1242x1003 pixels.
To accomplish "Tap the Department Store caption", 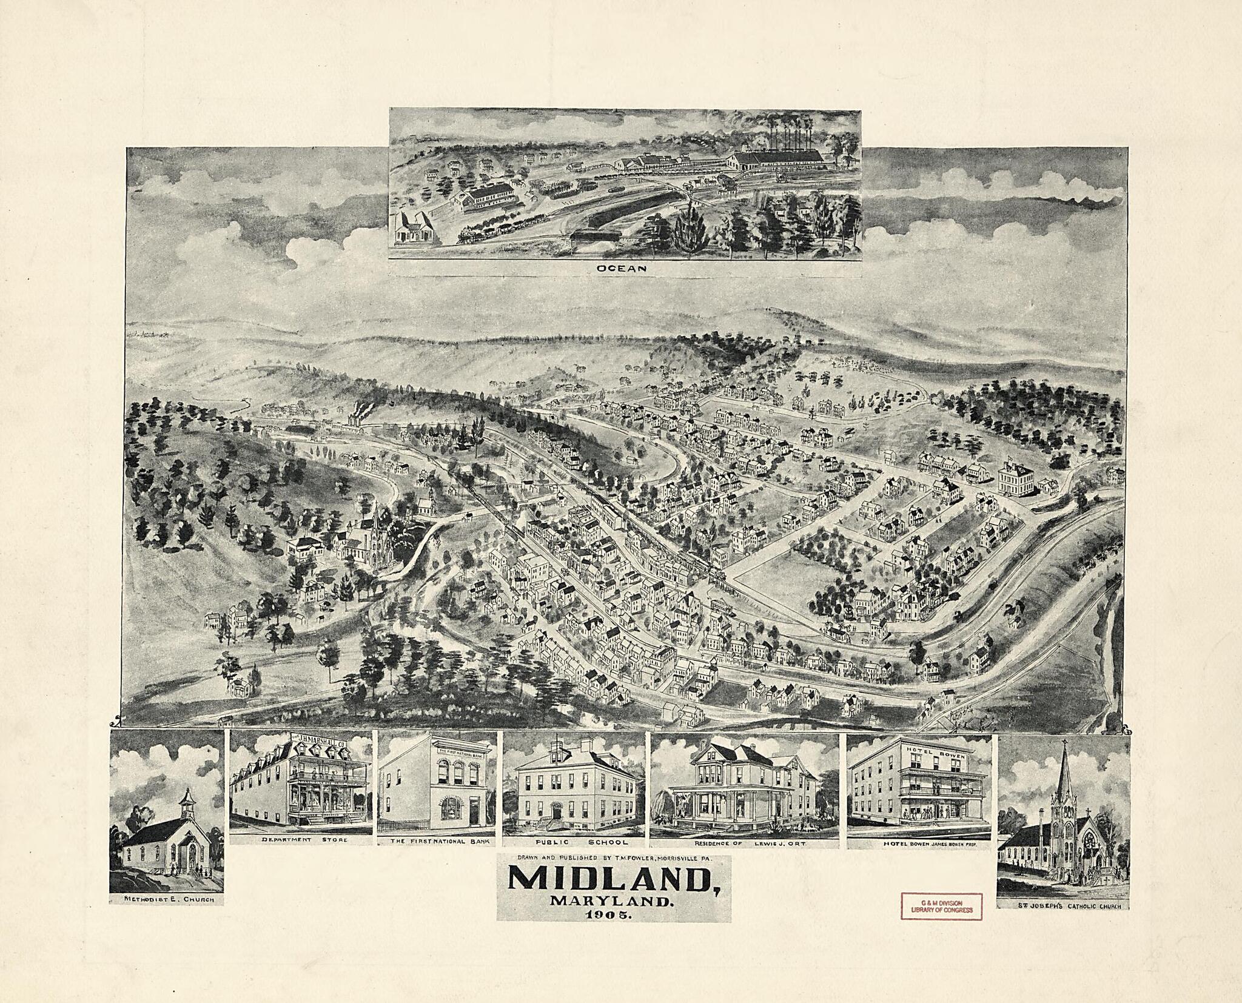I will click(x=300, y=840).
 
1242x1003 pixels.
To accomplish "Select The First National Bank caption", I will click(x=437, y=842).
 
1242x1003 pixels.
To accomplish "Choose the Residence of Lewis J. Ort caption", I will click(x=744, y=842).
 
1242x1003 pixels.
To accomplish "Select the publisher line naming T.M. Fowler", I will click(x=614, y=858).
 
